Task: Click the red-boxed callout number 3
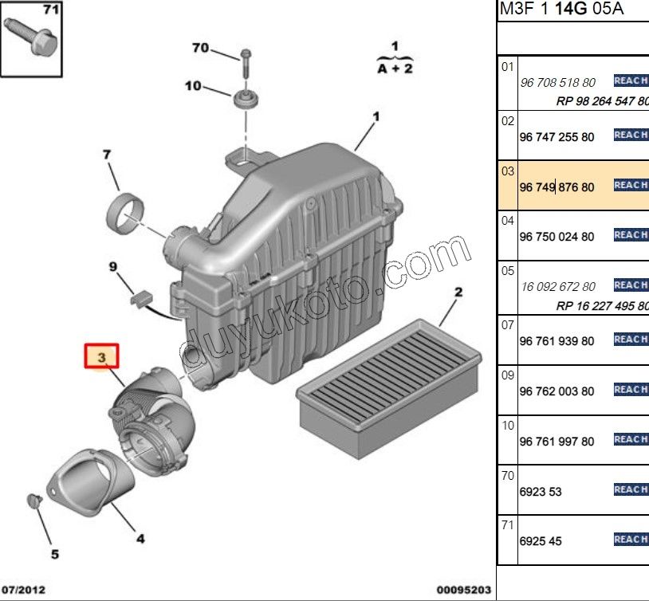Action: point(102,357)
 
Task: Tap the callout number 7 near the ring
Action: point(107,154)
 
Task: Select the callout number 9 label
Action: point(112,265)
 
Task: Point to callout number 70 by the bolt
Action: point(200,48)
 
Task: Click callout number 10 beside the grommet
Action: point(194,85)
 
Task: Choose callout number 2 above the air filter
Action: point(458,293)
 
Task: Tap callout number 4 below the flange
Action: point(140,539)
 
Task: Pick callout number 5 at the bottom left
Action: point(55,554)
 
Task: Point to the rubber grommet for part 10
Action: point(247,101)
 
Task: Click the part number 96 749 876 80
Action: point(557,187)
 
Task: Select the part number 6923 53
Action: point(541,492)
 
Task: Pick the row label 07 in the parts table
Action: point(508,324)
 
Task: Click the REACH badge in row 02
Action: point(631,135)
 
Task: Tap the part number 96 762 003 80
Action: point(557,391)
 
